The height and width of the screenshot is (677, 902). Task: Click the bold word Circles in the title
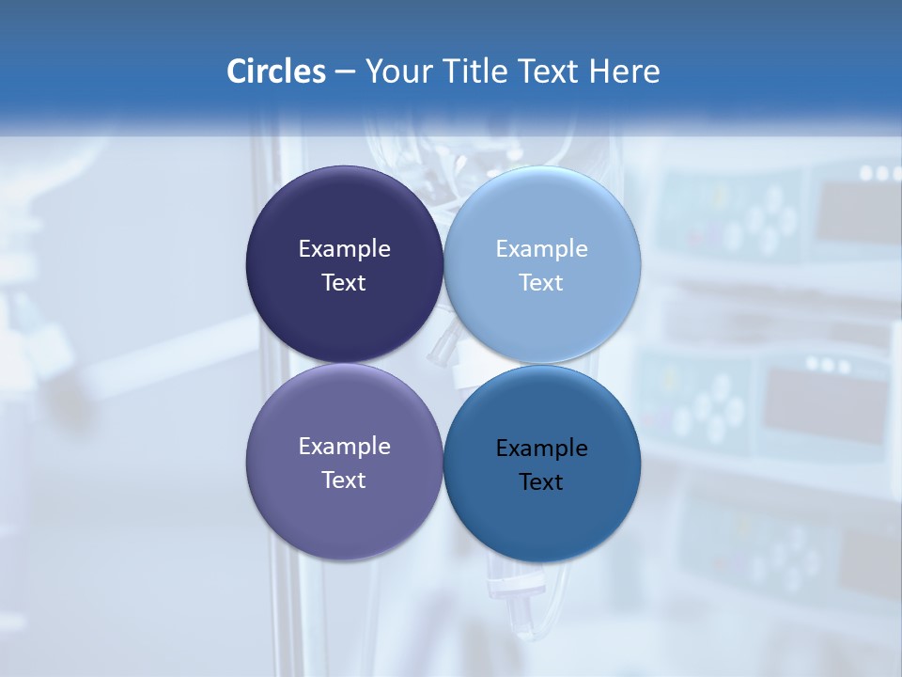(275, 71)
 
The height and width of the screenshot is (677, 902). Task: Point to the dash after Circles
(344, 72)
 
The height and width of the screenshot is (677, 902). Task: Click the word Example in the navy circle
(344, 249)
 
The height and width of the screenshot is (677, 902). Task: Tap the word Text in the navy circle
(344, 283)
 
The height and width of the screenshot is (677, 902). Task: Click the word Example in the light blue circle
(542, 249)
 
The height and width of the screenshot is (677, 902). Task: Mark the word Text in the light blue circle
(542, 283)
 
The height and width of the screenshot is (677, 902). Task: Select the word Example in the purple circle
(344, 447)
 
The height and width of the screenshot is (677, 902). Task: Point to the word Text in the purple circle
(344, 480)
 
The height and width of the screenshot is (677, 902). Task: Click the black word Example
(542, 449)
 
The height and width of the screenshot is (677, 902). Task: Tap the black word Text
(542, 482)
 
